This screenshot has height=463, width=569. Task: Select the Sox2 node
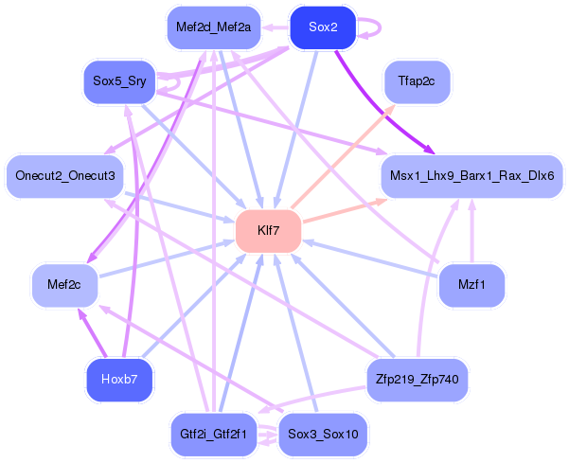(323, 27)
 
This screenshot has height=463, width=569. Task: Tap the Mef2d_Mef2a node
(213, 27)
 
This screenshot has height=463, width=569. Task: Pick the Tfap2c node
(417, 81)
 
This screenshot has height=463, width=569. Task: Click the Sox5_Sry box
(118, 81)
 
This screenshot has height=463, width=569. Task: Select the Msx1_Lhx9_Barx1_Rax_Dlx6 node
(471, 175)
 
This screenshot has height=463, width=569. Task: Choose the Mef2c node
(64, 283)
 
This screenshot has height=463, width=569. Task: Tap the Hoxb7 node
(118, 380)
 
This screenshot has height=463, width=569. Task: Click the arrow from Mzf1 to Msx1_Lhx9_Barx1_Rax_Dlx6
(471, 227)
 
